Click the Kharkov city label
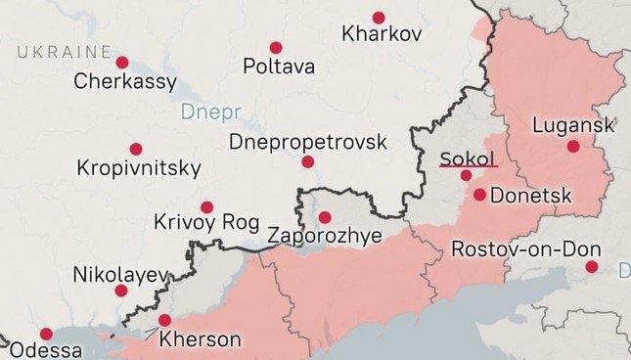tap(382, 35)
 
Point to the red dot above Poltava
tap(276, 47)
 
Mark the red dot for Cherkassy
tap(121, 63)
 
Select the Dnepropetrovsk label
tap(307, 143)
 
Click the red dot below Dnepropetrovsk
tap(308, 161)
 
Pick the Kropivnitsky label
tap(139, 168)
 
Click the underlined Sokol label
tap(469, 158)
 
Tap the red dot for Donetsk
tap(479, 195)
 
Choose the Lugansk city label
tap(573, 125)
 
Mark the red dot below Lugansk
tap(574, 146)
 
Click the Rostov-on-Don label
tap(525, 249)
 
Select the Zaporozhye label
tap(324, 236)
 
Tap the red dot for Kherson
tap(164, 320)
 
